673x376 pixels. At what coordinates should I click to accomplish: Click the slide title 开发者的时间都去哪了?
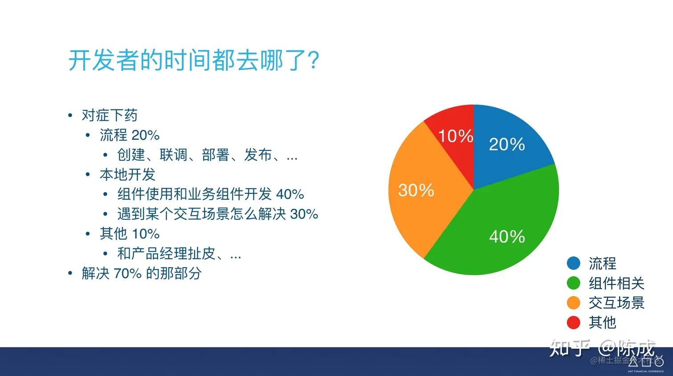(x=194, y=60)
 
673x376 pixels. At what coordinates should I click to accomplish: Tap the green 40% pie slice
(x=503, y=227)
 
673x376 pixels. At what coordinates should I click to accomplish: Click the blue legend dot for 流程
(x=573, y=263)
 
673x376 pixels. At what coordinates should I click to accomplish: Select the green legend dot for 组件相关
(x=573, y=283)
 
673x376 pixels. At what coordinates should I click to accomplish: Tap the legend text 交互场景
(x=616, y=303)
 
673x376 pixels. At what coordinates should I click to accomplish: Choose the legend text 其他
(x=602, y=322)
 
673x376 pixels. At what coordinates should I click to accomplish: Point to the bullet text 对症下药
(x=109, y=115)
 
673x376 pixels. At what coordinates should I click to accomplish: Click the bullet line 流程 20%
(x=130, y=135)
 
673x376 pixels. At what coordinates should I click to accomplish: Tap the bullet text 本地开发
(x=127, y=174)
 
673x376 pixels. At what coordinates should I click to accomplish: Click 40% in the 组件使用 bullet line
(x=290, y=194)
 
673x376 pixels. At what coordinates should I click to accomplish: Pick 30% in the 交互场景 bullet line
(x=304, y=214)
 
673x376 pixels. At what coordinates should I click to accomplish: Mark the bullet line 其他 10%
(x=130, y=234)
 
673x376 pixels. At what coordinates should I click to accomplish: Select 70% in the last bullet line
(x=127, y=273)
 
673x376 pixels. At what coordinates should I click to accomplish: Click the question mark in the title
(x=313, y=60)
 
